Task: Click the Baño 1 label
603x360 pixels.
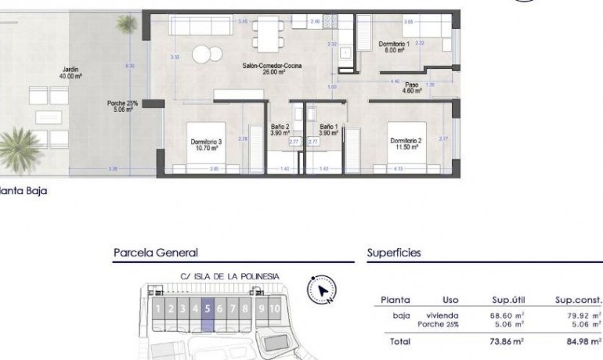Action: coord(329,129)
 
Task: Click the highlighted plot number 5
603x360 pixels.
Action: coord(208,308)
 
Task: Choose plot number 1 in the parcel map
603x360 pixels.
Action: coord(158,308)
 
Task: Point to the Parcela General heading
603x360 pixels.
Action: coord(155,253)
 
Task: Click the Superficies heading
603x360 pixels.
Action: coord(394,253)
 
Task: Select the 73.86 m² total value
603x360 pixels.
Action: coord(508,342)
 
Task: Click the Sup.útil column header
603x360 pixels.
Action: coord(507,300)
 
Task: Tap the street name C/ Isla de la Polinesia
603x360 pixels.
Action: coord(229,276)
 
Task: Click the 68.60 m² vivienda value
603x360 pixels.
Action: coord(507,315)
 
